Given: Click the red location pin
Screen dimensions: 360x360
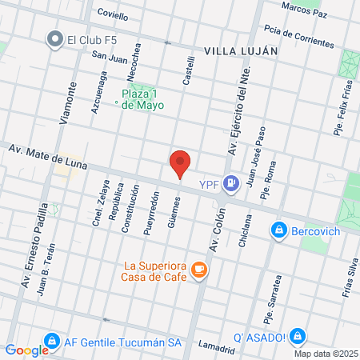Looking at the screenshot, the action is coord(181,163).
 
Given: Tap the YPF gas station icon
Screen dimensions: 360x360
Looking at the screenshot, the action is coord(230,184).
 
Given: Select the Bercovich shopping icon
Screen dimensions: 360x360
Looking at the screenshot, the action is coord(278,230).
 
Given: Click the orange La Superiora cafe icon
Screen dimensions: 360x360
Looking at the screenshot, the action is coord(199,271).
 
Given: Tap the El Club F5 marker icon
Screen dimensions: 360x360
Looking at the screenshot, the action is coord(55,38).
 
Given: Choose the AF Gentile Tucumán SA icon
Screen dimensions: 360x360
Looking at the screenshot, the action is coord(51,341).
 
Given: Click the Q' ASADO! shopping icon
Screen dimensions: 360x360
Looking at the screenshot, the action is coord(298,336).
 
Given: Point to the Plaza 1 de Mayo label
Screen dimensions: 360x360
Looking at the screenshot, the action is coord(142,97).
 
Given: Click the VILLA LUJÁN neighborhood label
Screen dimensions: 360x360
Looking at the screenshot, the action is coord(241,50).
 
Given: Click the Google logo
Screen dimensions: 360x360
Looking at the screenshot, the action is coord(26,350).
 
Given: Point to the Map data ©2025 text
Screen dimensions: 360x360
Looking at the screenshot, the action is coord(323,354).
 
